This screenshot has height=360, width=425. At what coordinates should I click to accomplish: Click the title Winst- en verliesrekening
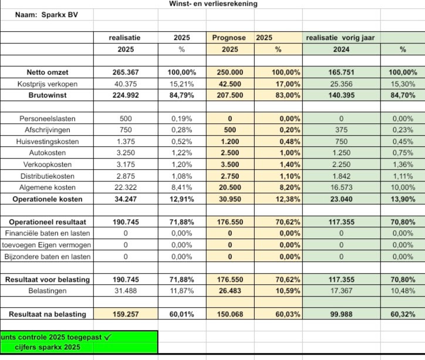(212, 4)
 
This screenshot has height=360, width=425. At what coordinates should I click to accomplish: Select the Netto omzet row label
(48, 72)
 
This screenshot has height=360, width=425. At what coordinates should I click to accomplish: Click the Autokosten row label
(48, 152)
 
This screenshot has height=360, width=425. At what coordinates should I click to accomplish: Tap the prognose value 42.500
(230, 83)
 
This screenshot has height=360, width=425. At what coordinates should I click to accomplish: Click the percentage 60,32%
(403, 314)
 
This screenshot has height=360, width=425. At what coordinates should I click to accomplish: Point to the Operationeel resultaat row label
(48, 221)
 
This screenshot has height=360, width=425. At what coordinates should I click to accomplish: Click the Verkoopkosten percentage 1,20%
(181, 164)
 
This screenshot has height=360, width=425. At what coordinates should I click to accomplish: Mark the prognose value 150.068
(230, 314)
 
